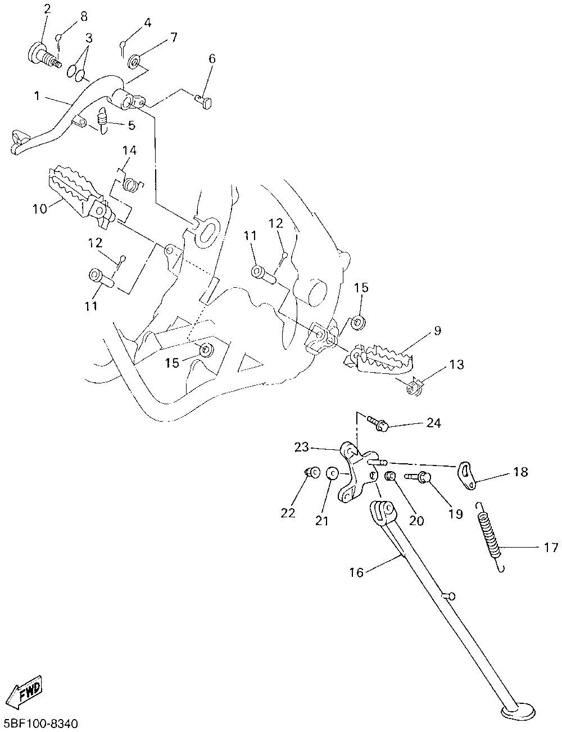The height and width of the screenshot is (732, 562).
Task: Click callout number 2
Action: (47, 9)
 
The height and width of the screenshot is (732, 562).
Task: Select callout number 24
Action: (433, 423)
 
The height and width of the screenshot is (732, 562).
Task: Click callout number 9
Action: (437, 331)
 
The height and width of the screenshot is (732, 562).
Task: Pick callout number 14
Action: (130, 150)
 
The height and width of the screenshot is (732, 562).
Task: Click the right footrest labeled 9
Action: (380, 360)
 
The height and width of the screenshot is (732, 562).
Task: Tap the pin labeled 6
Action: (203, 101)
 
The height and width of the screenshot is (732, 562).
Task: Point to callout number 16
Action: (357, 572)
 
